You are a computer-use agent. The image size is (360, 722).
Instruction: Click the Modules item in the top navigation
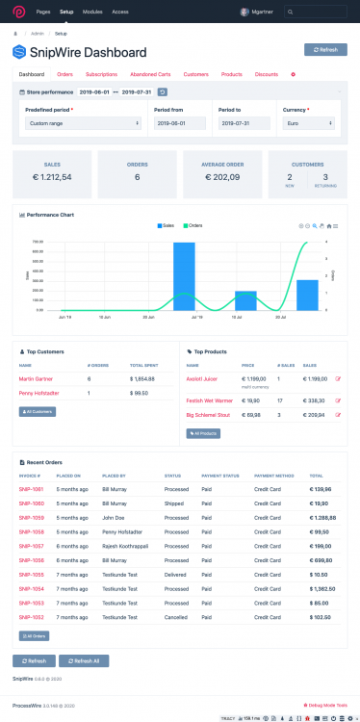[x=92, y=12]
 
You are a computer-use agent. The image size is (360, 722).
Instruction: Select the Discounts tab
[x=267, y=74]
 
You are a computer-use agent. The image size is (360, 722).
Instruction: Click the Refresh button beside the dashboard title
[x=325, y=49]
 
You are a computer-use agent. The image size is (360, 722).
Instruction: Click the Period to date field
[x=244, y=123]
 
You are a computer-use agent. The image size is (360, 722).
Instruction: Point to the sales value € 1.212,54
[x=52, y=177]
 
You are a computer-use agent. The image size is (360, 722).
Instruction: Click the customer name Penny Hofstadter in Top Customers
[x=39, y=394]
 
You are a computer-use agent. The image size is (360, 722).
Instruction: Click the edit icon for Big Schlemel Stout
[x=337, y=415]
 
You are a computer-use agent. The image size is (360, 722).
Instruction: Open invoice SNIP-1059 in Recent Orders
[x=31, y=530]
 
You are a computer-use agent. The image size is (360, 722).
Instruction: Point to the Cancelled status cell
[x=177, y=616]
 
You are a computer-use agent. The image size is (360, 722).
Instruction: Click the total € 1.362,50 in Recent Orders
[x=322, y=587]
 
